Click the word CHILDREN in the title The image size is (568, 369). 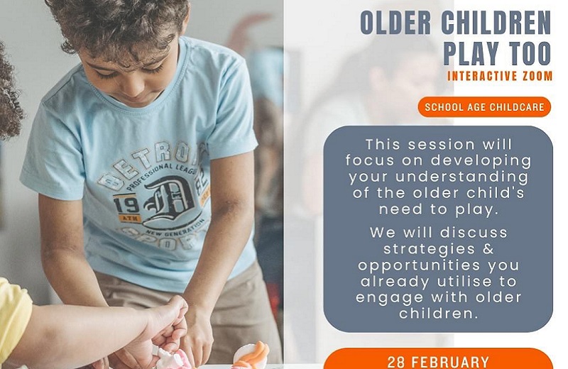click(x=496, y=23)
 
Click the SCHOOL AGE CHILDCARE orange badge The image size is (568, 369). click(x=484, y=107)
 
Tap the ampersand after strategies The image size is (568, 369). click(x=488, y=249)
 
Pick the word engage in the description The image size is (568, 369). click(x=389, y=298)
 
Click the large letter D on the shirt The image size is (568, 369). click(x=168, y=200)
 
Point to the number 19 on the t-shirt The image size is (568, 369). click(x=126, y=205)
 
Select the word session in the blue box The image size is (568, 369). click(x=441, y=145)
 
